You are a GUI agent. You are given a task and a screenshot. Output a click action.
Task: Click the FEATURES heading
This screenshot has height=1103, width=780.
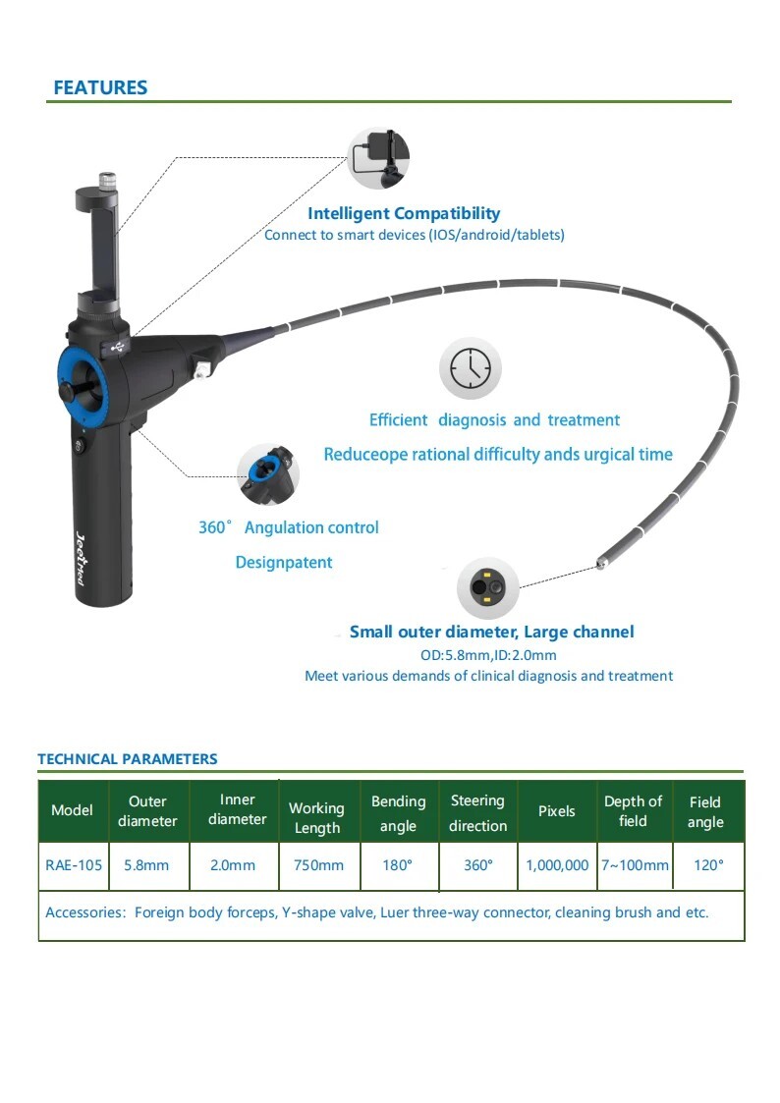tap(100, 87)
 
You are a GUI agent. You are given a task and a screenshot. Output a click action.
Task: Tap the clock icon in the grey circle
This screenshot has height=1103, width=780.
tap(470, 370)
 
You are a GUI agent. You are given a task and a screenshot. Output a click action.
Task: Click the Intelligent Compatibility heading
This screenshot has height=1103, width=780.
tap(404, 213)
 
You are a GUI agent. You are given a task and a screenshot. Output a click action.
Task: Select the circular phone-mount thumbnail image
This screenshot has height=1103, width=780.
tap(379, 157)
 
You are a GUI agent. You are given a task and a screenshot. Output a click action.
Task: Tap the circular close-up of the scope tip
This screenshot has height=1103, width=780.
tap(488, 588)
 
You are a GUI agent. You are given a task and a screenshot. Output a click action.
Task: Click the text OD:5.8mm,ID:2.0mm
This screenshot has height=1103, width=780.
tap(488, 655)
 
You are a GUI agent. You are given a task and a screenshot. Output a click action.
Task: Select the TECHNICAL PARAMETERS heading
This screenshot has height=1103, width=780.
tap(128, 759)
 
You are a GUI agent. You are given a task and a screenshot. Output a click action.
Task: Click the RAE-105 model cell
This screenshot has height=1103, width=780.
tap(74, 865)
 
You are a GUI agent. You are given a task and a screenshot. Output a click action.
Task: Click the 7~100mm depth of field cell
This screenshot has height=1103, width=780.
tap(635, 865)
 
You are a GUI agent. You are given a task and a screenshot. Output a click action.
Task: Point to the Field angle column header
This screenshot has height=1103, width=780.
tap(705, 812)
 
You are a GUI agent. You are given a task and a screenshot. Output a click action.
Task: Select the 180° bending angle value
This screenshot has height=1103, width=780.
tap(398, 865)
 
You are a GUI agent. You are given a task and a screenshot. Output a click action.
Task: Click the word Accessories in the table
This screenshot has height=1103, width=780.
tap(84, 912)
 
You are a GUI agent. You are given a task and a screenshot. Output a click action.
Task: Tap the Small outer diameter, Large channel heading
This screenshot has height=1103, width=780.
tap(491, 632)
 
